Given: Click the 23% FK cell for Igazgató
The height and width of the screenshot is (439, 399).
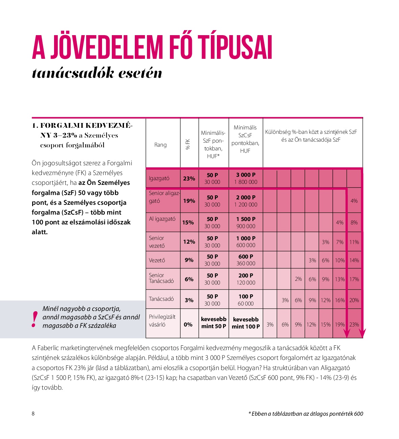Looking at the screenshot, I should [189, 178].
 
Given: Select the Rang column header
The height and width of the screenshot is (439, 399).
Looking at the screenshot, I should [160, 145].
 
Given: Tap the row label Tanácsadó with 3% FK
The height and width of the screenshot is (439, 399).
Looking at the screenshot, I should [161, 299].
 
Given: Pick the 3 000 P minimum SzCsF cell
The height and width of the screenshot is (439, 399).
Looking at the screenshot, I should [246, 178].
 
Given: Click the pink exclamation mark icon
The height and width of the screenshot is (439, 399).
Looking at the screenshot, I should [34, 319].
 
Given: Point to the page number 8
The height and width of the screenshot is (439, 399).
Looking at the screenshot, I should [33, 414].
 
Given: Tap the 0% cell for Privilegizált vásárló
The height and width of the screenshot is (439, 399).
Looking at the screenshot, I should [188, 324].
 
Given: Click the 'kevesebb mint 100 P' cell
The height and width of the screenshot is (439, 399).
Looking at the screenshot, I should [246, 323].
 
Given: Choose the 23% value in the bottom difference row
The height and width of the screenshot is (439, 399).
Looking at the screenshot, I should [354, 324].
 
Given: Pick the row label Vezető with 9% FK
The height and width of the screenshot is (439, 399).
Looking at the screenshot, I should [157, 261].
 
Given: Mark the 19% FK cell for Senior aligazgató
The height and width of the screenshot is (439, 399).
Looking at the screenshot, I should [189, 201].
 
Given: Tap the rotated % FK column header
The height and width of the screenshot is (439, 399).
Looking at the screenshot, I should [188, 144].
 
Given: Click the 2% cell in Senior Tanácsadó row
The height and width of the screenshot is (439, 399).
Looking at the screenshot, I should [298, 279].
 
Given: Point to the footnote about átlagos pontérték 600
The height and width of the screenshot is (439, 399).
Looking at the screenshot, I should [305, 414].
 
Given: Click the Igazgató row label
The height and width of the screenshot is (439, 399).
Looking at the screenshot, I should [159, 178].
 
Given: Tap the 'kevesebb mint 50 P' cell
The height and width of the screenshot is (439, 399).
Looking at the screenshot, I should [214, 323].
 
